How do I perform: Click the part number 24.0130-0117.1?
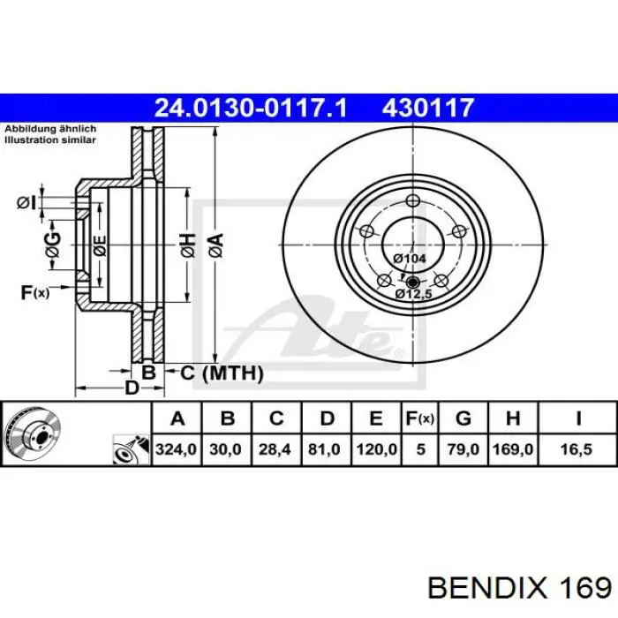251,108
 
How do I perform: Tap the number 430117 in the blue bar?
427,108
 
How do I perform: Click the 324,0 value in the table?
176,449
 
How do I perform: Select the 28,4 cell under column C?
275,449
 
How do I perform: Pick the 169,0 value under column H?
513,449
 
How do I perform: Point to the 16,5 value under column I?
577,449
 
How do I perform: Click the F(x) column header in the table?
420,418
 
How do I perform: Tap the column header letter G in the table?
463,418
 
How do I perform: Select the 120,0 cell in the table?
376,449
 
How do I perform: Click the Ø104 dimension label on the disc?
410,259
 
